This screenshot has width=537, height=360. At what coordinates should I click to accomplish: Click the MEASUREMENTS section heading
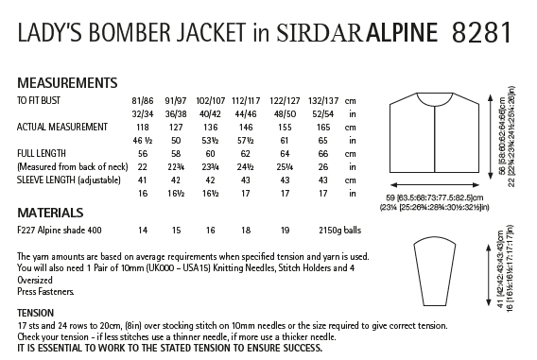click(67, 82)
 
